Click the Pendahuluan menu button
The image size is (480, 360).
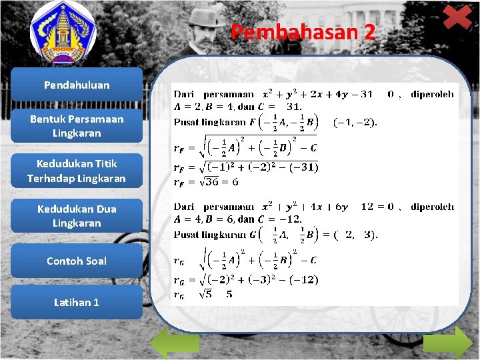[x=77, y=85]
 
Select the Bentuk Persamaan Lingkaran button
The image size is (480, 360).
[x=77, y=126]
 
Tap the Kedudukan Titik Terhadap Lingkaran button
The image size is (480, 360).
[x=77, y=171]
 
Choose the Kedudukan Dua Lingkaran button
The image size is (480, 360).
[x=77, y=216]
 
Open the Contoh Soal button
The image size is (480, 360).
[x=77, y=261]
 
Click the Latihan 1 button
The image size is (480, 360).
[x=77, y=302]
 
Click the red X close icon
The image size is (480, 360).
[x=457, y=17]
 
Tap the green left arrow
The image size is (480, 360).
[x=174, y=343]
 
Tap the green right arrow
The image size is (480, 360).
[x=447, y=343]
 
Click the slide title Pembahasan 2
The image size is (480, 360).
[x=303, y=32]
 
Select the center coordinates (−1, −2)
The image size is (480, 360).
[x=355, y=122]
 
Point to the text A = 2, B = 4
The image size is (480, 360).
[x=200, y=107]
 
